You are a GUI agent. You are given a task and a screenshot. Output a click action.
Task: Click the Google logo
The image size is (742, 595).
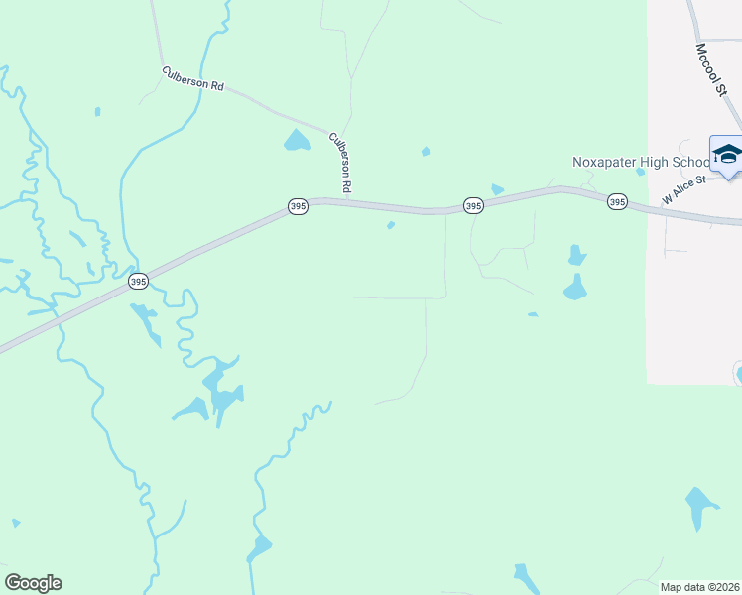click(x=34, y=583)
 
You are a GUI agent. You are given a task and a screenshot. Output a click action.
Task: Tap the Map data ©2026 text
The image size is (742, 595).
click(x=699, y=587)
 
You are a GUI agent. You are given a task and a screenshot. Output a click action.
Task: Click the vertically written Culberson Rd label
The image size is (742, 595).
click(x=340, y=163)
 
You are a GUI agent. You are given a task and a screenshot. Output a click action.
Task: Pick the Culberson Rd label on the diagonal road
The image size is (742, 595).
click(x=194, y=79)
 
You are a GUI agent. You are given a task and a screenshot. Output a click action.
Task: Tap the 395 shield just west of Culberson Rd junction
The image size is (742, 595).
click(x=298, y=206)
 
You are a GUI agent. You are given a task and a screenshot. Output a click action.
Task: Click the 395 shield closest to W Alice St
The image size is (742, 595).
click(x=617, y=201)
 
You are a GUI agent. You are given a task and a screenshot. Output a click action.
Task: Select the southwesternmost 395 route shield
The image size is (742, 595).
click(x=138, y=282)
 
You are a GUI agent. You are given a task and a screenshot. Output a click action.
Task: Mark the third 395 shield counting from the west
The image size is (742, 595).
click(x=473, y=205)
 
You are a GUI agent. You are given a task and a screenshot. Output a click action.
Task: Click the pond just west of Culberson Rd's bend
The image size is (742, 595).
click(x=297, y=141)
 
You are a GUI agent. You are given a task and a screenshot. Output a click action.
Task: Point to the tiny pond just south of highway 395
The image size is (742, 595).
click(x=391, y=225)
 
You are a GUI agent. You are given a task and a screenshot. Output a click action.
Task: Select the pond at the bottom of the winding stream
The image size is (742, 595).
click(x=260, y=547)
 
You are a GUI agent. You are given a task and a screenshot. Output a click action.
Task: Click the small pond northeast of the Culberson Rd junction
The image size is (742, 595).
click(x=426, y=152)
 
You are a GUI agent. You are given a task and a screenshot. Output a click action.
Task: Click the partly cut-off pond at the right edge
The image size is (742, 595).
click(x=737, y=374)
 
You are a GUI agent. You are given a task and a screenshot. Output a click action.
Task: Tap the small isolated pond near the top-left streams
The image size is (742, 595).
click(x=97, y=111)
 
